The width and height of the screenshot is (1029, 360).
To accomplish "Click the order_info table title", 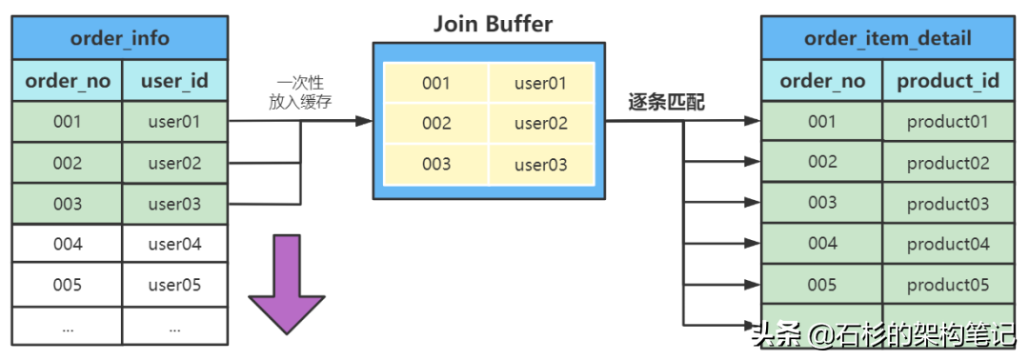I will click(120, 38).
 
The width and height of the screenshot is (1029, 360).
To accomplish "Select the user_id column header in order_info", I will click(174, 82).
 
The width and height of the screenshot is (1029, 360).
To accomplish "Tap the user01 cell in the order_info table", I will click(174, 122).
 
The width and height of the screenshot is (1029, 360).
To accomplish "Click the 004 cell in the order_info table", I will click(67, 245).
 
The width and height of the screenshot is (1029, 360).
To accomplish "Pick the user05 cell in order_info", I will click(174, 285).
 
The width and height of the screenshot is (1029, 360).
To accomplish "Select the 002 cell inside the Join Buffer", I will click(435, 124).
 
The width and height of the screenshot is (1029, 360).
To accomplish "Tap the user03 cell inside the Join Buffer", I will click(540, 165).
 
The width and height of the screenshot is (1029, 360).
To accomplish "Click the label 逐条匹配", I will click(666, 103).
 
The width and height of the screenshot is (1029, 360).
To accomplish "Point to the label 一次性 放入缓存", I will click(300, 93).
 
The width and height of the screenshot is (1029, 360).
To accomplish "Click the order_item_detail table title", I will click(888, 38).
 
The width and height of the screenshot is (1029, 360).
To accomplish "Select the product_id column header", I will click(947, 82).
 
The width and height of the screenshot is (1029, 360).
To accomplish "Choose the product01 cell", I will click(947, 122).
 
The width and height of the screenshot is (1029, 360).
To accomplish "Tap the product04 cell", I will click(947, 245).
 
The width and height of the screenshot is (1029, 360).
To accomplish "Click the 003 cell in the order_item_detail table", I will click(822, 203).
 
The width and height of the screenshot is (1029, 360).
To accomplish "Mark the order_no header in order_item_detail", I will click(822, 82).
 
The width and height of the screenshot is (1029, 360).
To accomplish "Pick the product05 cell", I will click(947, 285).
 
